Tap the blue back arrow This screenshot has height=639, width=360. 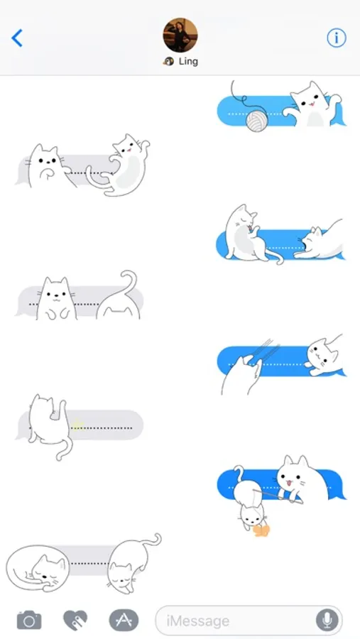point(17,38)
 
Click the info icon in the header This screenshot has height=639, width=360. point(337,38)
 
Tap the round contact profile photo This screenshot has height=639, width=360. point(180,35)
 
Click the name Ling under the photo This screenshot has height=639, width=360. point(188,62)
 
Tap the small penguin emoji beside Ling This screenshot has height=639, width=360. point(168,62)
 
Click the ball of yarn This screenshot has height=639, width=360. point(257,121)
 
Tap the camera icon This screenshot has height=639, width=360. point(29,621)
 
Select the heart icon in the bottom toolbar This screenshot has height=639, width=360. point(75,621)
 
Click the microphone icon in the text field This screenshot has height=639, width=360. point(327,621)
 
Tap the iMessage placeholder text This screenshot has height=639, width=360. point(197,621)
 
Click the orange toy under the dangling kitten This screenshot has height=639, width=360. point(261,530)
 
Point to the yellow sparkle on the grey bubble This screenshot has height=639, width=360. point(77,425)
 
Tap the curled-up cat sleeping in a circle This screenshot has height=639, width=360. point(38,568)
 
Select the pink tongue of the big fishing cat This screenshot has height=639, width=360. point(289,484)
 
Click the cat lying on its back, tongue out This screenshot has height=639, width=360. point(119,165)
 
